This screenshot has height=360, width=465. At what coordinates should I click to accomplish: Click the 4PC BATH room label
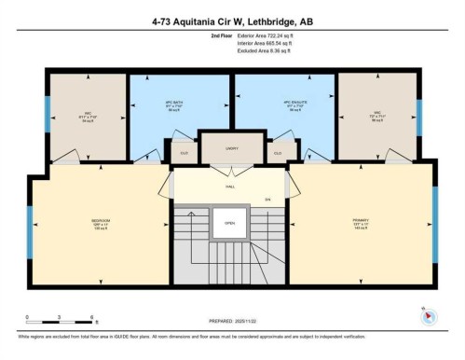180,104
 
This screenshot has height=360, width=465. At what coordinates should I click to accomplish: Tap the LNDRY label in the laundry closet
231,148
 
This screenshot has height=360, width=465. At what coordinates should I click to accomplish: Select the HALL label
229,186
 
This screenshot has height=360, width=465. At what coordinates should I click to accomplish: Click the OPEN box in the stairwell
229,224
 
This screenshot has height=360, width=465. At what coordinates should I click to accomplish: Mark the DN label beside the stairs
267,199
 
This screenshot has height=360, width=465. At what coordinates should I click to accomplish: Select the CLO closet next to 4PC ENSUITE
279,150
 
